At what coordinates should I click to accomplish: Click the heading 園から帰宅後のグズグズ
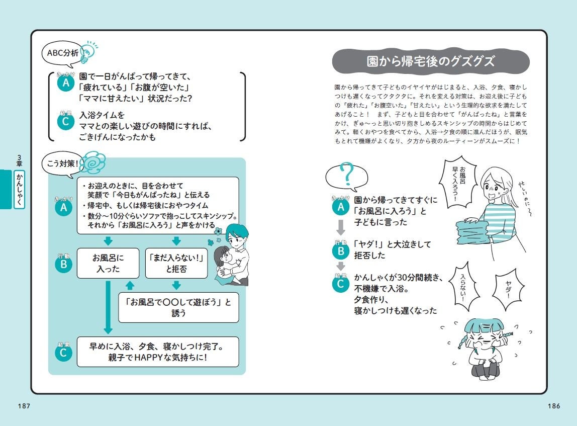point(431,61)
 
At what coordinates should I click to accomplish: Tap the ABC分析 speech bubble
point(62,53)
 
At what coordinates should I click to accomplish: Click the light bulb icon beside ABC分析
point(89,52)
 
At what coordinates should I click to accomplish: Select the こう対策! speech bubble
point(62,164)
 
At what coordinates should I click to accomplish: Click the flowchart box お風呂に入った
point(108,263)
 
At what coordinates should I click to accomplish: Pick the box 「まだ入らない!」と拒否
point(176,263)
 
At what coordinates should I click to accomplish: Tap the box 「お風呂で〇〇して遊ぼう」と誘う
point(178,307)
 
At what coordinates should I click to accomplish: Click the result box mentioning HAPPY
point(158,352)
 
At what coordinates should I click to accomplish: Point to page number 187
point(24,406)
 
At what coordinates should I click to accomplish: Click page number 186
point(554,406)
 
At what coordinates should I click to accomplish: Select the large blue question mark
point(347,174)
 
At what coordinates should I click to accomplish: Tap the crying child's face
point(485,337)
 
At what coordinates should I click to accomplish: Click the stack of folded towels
point(473,231)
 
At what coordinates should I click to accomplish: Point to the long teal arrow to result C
point(108,307)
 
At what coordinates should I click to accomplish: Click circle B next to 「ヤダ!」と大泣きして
point(341,251)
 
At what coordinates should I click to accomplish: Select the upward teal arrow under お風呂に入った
point(130,285)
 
